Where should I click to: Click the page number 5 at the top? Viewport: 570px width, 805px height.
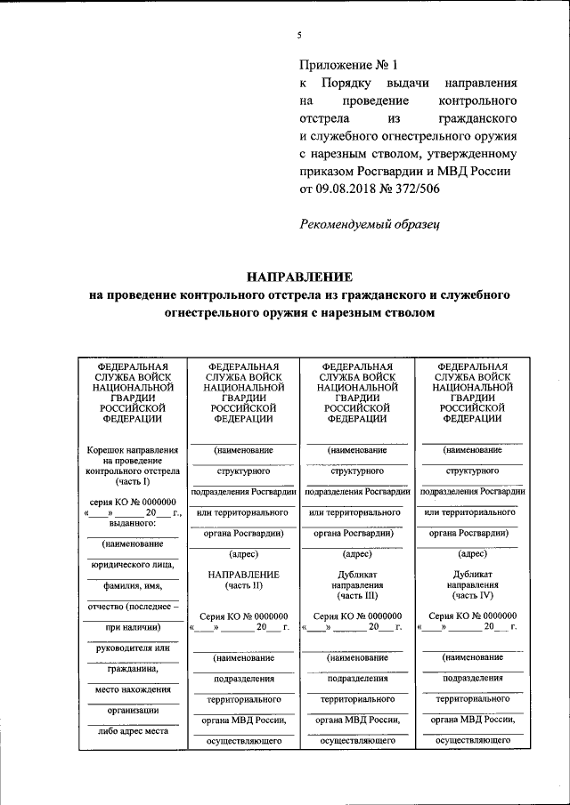299,36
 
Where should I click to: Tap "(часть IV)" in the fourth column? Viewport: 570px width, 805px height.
472,596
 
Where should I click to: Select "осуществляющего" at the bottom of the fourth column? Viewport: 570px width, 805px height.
472,740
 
